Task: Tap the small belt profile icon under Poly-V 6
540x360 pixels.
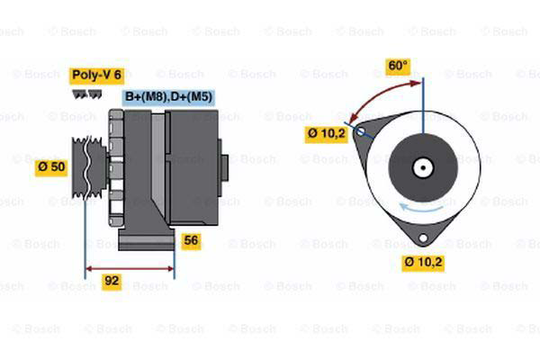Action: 81,92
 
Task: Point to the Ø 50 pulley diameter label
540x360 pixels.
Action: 51,167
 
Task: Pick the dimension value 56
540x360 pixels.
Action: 191,240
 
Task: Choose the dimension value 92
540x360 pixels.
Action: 112,282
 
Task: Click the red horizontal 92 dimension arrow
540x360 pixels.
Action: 130,267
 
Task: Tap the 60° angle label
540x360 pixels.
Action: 397,66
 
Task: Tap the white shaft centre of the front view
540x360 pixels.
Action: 422,166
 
